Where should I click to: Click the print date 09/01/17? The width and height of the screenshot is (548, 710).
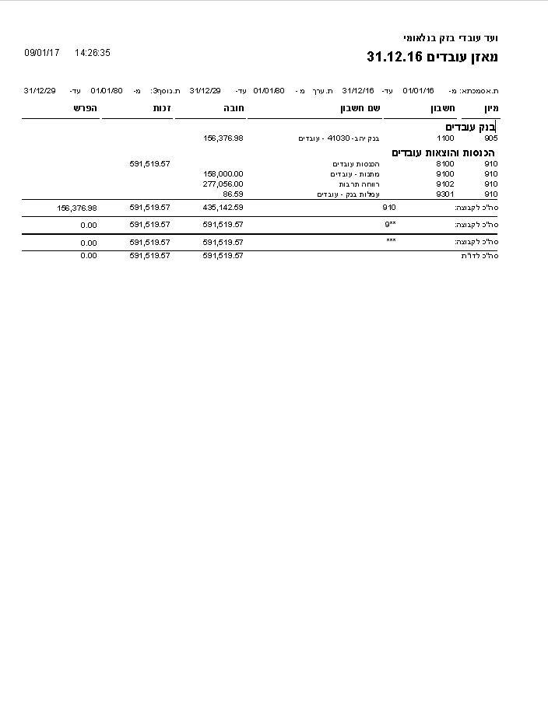point(42,53)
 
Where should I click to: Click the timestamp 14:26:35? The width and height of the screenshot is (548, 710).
point(93,53)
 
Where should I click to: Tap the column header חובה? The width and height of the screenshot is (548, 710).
point(234,108)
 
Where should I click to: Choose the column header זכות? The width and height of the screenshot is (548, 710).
point(163,108)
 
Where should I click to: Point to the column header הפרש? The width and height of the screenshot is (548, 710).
point(86,108)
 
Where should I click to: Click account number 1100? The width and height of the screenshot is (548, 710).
point(445,138)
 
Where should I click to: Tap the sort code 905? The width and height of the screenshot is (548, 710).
point(490,138)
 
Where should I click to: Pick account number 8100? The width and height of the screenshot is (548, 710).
point(445,164)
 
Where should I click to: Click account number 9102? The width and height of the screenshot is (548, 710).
point(445,184)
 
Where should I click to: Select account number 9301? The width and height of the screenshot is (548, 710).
point(445,194)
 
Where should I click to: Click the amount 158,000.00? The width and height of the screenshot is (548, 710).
point(223,173)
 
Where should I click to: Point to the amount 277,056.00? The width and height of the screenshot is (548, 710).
point(223,184)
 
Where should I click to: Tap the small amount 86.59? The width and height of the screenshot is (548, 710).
point(233,194)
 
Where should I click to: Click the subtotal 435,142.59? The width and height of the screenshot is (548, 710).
point(223,208)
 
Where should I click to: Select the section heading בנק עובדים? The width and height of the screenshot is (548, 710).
point(470,127)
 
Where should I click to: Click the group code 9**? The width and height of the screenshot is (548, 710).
point(390,224)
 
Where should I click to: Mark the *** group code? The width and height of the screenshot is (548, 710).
point(391,242)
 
